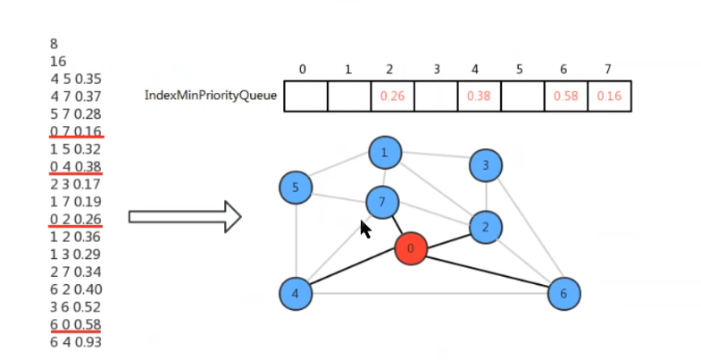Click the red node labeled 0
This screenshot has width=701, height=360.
(411, 247)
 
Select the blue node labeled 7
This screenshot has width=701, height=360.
(382, 203)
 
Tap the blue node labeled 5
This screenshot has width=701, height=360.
(296, 188)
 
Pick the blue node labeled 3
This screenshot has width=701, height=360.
(486, 165)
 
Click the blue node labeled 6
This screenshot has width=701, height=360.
(563, 293)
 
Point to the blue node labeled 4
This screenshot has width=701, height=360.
(296, 293)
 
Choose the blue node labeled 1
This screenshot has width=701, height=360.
(385, 153)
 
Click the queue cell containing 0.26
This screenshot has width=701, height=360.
(393, 96)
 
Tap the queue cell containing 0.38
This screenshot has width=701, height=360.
(480, 96)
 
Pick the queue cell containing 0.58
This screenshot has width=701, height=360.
(566, 96)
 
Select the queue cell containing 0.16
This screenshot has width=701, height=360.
(610, 96)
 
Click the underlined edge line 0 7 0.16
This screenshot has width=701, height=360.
(76, 131)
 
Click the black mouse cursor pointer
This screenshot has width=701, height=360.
(365, 230)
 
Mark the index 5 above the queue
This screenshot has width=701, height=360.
(522, 69)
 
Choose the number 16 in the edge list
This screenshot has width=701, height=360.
(59, 61)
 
